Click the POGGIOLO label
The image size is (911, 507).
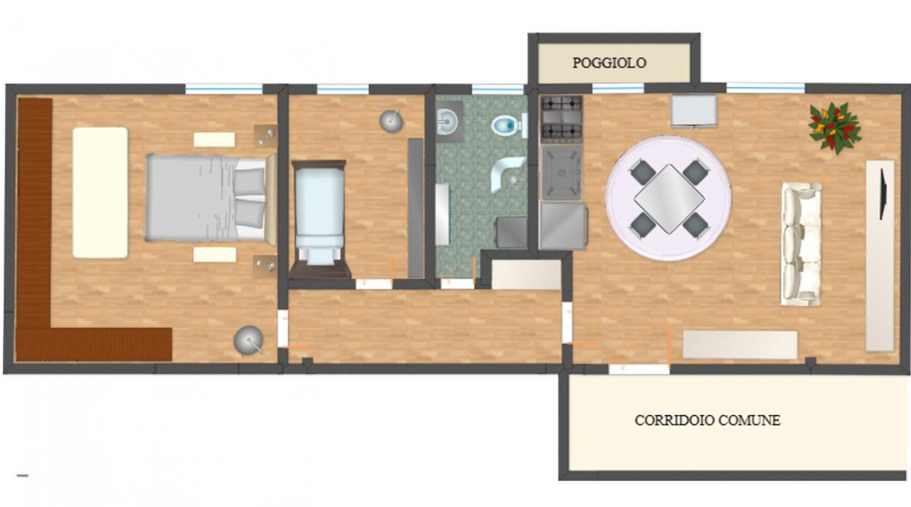click(x=609, y=63)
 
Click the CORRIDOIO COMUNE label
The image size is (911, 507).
click(x=707, y=420)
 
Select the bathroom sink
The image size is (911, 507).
click(x=448, y=121)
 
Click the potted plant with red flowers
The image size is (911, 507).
click(x=835, y=127)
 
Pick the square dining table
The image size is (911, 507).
click(x=668, y=199)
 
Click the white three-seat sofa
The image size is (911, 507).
click(x=801, y=244)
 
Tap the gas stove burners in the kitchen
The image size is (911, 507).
click(x=562, y=118)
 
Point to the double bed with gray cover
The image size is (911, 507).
click(x=211, y=198)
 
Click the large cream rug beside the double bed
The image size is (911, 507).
click(x=100, y=192)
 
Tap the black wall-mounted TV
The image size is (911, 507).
click(x=883, y=194)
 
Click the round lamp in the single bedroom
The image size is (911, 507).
click(x=391, y=120)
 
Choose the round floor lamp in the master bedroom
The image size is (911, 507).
click(x=249, y=341)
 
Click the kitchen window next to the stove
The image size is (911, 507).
click(x=618, y=88)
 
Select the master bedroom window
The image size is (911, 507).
click(x=224, y=88)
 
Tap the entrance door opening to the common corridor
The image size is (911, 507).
click(x=639, y=369)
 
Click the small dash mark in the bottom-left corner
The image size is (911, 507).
click(x=23, y=475)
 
